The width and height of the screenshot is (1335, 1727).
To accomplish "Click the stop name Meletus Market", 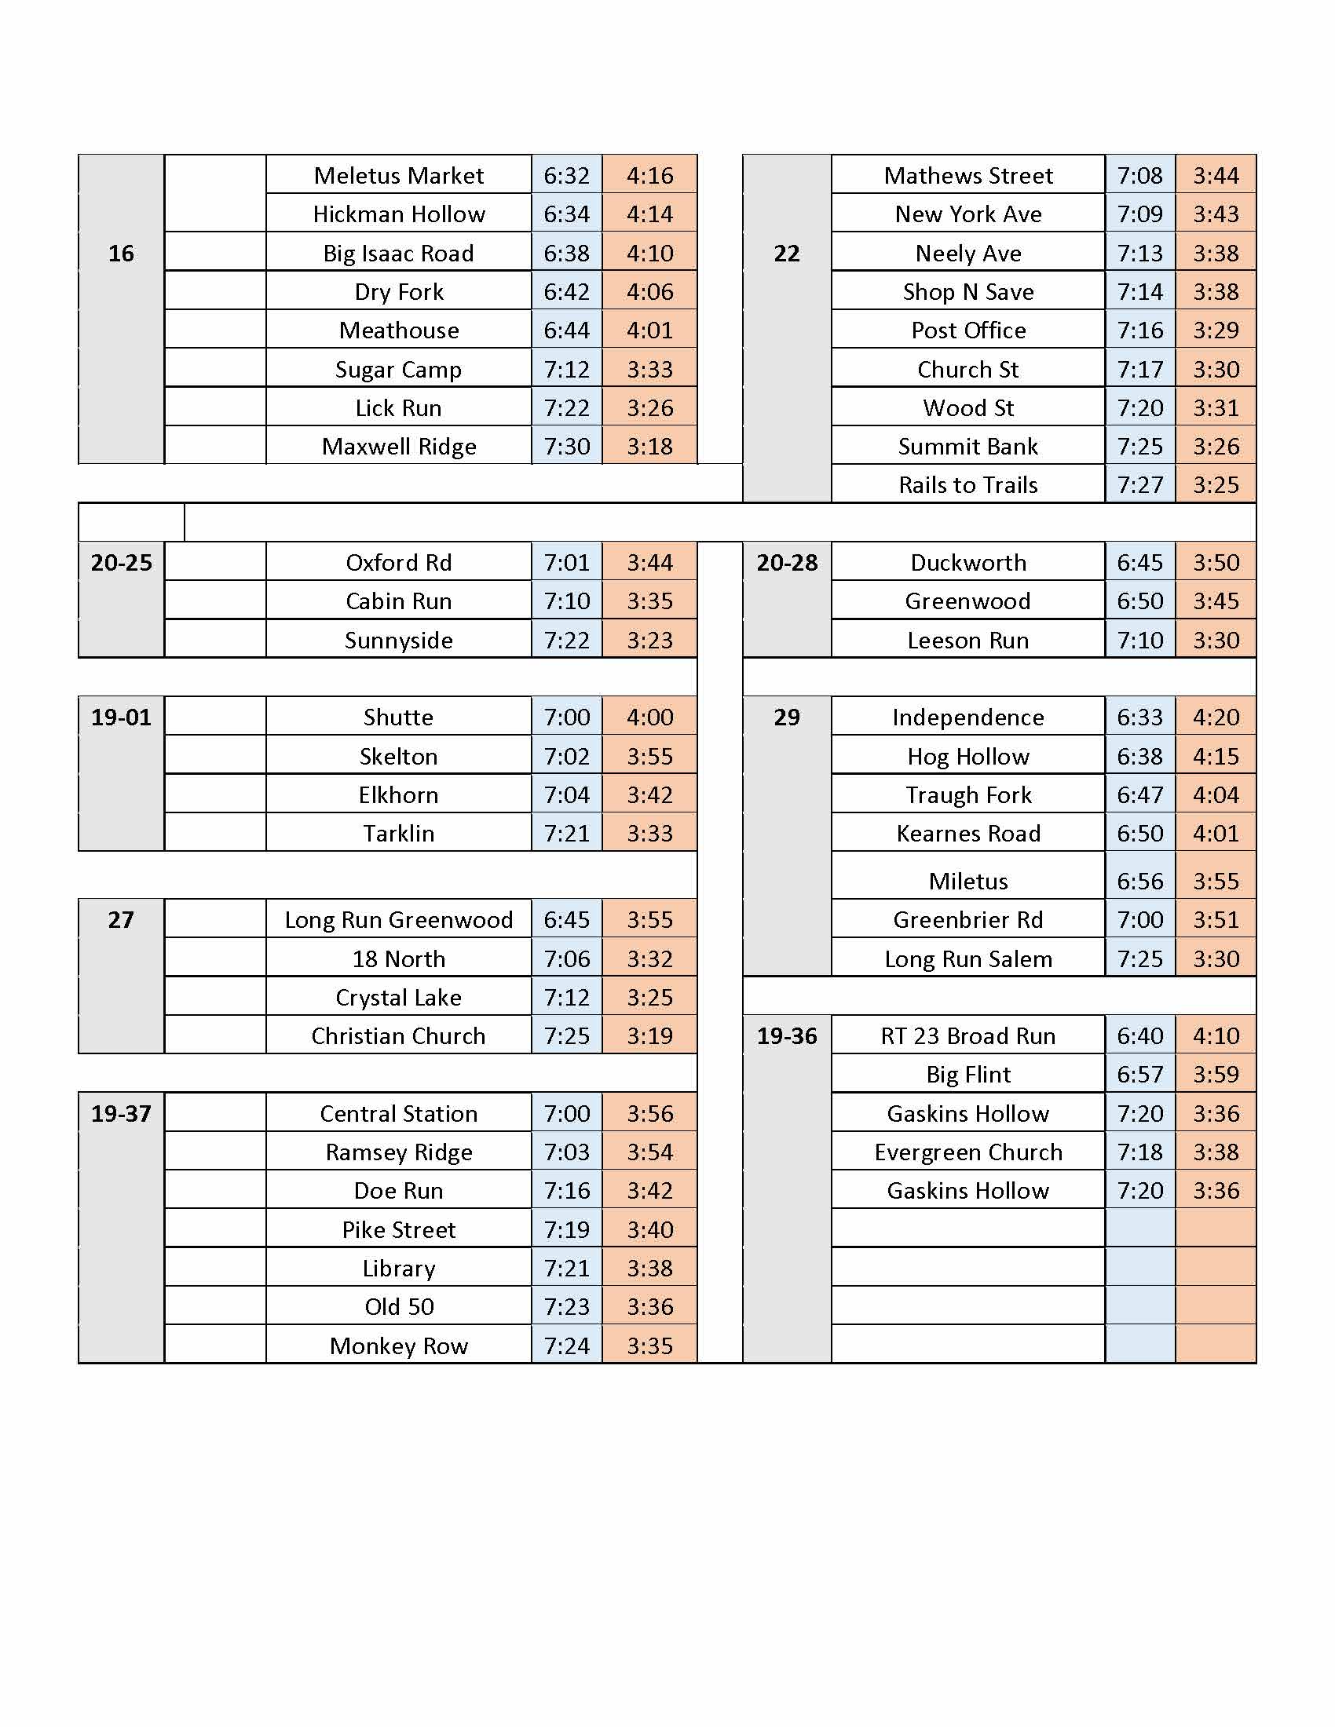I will tap(399, 175).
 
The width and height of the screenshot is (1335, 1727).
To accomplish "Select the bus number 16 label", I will tap(121, 253).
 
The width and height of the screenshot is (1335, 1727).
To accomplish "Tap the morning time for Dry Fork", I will tap(566, 292).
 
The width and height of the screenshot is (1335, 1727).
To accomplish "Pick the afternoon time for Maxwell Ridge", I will tap(649, 447).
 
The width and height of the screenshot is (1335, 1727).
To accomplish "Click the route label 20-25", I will tap(121, 563).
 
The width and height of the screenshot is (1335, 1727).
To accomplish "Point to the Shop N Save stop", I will tap(968, 292).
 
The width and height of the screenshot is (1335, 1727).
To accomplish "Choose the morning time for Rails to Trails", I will tap(1139, 484).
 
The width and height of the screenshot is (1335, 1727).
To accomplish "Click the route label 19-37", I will tap(121, 1114).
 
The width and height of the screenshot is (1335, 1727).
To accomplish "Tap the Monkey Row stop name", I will tap(399, 1345).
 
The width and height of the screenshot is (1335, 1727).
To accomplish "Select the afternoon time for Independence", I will tap(1216, 717).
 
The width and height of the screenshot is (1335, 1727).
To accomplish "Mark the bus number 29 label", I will tap(786, 717).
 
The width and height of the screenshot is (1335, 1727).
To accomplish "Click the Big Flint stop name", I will tap(968, 1075).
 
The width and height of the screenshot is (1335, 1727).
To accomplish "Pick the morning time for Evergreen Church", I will tap(1139, 1152).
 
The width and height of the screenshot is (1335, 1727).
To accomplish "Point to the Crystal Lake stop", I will tap(399, 998).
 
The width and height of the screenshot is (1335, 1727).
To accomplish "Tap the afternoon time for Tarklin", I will tap(649, 834).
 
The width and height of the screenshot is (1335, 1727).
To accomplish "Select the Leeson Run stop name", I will tap(968, 641).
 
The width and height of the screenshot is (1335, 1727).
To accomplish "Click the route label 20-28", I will tap(786, 563).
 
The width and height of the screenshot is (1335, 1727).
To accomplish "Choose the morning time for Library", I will tap(566, 1269).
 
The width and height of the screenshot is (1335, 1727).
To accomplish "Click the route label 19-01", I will tap(121, 717).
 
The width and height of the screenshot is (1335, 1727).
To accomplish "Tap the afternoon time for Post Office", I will tap(1216, 330).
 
